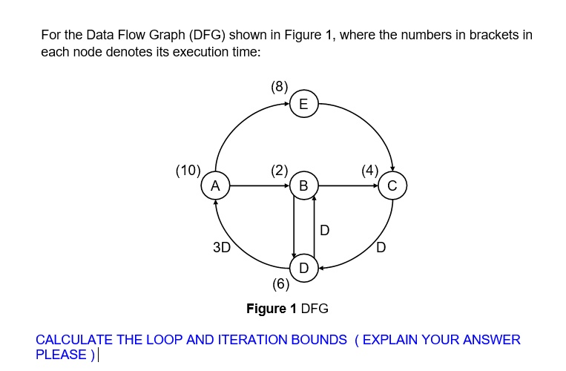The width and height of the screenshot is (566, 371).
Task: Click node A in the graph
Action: [x=215, y=185]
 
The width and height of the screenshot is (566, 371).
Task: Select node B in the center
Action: [x=303, y=185]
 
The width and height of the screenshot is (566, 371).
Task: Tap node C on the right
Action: [x=392, y=185]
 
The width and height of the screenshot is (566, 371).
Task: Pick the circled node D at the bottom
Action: [x=303, y=267]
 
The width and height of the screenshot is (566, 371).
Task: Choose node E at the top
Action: [x=303, y=105]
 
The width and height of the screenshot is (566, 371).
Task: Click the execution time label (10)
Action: [x=188, y=170]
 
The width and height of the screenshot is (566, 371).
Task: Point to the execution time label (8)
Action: [x=280, y=86]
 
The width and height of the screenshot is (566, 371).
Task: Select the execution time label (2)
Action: [x=280, y=170]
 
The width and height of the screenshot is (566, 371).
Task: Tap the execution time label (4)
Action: [x=369, y=170]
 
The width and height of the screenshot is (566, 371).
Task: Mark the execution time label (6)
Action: [x=280, y=283]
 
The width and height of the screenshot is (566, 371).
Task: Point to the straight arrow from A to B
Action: [x=259, y=185]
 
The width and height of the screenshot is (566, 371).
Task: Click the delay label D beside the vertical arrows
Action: [x=324, y=231]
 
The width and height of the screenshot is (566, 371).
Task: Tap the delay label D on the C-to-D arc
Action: [x=381, y=248]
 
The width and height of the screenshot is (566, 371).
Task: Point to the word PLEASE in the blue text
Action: [x=62, y=355]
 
